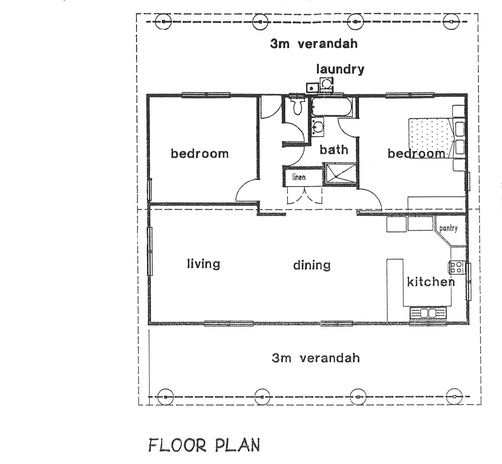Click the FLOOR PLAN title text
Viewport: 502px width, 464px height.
204,445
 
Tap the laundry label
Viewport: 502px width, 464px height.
340,69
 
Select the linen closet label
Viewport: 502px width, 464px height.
299,177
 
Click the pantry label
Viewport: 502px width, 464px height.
448,229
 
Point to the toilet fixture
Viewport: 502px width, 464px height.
296,106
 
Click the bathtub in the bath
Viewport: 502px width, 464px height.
332,107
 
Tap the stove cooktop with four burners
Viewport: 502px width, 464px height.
456,267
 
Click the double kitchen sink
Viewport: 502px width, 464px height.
428,313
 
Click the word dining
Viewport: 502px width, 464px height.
312,265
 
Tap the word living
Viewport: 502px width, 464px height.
204,263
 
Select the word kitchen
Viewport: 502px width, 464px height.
430,282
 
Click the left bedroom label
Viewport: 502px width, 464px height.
200,153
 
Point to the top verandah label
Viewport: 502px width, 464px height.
313,43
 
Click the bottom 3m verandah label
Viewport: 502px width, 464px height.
316,358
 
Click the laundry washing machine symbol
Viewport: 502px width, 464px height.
327,83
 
